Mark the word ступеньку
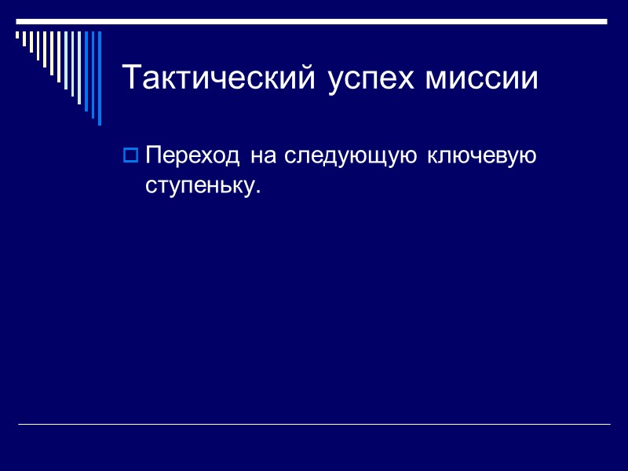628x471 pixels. point(199,187)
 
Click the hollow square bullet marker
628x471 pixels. point(131,155)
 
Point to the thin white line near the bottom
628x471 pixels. point(314,425)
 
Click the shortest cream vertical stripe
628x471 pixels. point(18,35)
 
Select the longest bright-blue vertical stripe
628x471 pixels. point(99,78)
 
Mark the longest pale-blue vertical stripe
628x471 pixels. point(79,68)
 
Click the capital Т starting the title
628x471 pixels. point(130,78)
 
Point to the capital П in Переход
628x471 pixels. point(153,155)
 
